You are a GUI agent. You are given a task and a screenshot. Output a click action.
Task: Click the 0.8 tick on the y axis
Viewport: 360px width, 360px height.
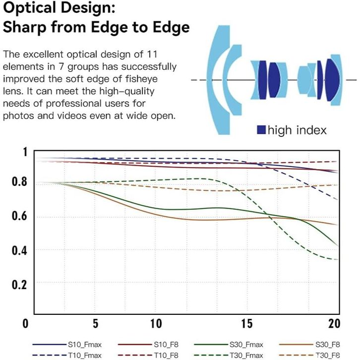click(x=18, y=182)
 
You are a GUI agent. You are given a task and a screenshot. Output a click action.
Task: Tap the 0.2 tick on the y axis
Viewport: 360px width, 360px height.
click(x=18, y=284)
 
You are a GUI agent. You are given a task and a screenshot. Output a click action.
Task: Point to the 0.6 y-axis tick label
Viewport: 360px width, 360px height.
click(x=18, y=216)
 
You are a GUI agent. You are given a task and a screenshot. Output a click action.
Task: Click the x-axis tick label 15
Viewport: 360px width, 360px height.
click(x=247, y=324)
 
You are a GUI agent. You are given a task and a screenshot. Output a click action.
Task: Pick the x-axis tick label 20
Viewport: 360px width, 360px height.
click(x=335, y=324)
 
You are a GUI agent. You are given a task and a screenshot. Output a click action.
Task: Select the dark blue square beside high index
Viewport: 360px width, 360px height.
click(x=261, y=130)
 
